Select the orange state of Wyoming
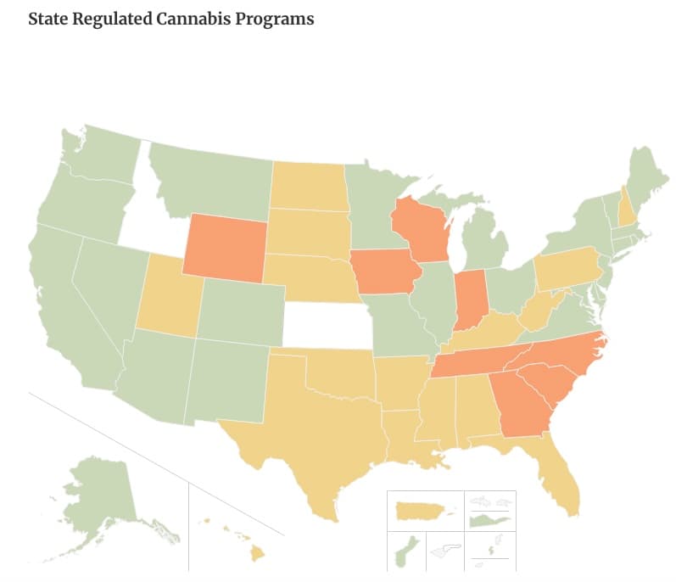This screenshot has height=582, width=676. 226,247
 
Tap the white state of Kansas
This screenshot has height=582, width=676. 327,323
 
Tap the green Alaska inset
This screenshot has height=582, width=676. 98,492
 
